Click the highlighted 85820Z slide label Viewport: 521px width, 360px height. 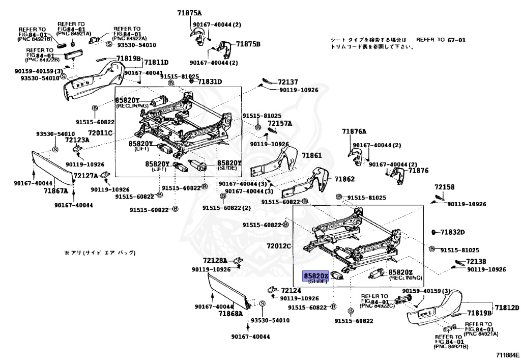click(316, 275)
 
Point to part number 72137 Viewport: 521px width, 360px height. click(287, 82)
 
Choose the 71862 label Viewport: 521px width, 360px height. click(344, 179)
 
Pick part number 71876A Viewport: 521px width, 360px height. click(354, 131)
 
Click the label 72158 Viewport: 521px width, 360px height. click(444, 187)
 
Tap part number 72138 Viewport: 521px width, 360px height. click(471, 261)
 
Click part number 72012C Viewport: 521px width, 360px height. click(279, 246)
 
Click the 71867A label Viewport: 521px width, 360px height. click(55, 191)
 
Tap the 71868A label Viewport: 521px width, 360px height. click(231, 314)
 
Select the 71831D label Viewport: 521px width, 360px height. click(210, 81)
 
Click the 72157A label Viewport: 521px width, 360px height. click(280, 123)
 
